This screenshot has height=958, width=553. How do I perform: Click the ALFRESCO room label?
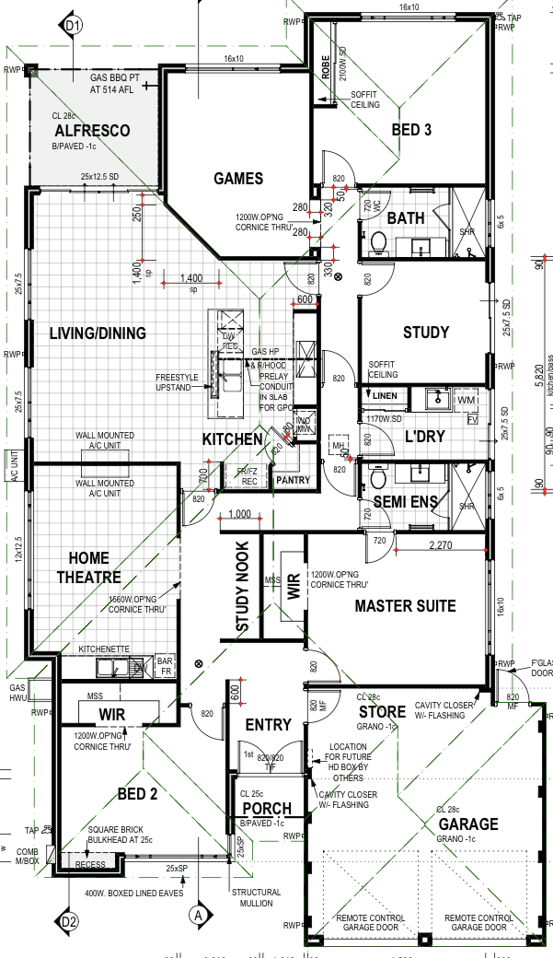pyautogui.click(x=91, y=132)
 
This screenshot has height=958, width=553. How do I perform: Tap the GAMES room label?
pyautogui.click(x=238, y=179)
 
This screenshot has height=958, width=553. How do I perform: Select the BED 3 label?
pyautogui.click(x=411, y=130)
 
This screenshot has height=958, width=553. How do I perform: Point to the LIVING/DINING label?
pyautogui.click(x=98, y=333)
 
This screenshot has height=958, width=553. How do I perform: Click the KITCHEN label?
pyautogui.click(x=233, y=439)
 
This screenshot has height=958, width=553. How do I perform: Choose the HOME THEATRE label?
pyautogui.click(x=88, y=567)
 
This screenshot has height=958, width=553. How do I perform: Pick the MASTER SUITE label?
pyautogui.click(x=405, y=606)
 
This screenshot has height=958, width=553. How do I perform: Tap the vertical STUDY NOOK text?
pyautogui.click(x=242, y=587)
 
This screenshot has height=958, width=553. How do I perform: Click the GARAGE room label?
pyautogui.click(x=467, y=824)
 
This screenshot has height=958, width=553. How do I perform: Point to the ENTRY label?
pyautogui.click(x=269, y=725)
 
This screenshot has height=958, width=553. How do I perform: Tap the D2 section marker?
pyautogui.click(x=69, y=920)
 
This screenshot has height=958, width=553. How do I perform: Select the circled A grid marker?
pyautogui.click(x=197, y=915)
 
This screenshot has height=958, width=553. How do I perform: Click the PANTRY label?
pyautogui.click(x=294, y=480)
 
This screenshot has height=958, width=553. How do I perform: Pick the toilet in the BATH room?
pyautogui.click(x=376, y=242)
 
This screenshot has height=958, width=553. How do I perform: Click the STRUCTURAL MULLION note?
pyautogui.click(x=256, y=898)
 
